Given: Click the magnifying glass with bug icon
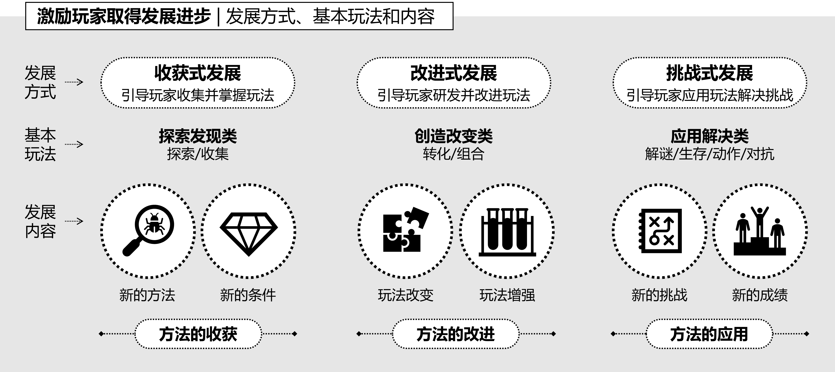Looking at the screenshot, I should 148,230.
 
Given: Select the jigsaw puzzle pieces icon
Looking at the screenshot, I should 405,230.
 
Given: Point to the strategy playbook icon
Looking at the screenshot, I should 660,231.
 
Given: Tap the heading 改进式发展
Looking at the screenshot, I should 454,73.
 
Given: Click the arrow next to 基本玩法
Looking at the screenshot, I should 74,144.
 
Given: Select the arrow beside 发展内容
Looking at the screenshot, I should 74,221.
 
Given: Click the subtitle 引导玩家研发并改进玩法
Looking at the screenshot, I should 454,95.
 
